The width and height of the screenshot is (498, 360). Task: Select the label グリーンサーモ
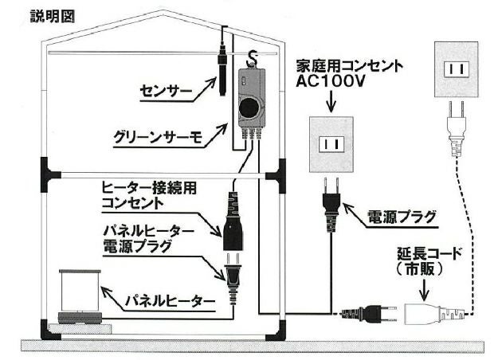[152, 136]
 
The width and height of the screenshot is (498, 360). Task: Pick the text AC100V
[332, 82]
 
